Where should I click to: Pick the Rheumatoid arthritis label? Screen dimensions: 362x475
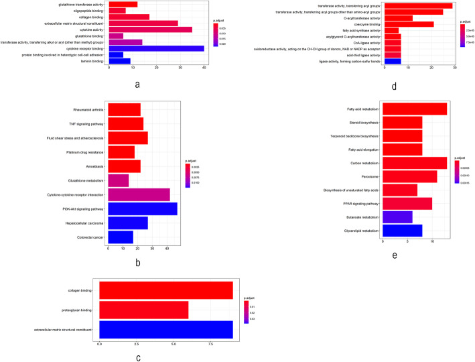click(x=88, y=110)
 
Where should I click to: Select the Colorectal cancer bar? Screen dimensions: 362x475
click(x=121, y=237)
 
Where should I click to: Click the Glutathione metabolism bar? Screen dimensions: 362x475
click(x=118, y=180)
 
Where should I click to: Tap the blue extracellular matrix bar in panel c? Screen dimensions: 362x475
click(x=165, y=330)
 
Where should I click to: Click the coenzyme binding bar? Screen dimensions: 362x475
click(x=408, y=24)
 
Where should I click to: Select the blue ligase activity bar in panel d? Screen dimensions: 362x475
click(x=391, y=61)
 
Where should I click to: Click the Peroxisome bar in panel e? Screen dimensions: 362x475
click(x=409, y=176)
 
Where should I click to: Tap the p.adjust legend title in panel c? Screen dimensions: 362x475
click(x=249, y=297)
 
